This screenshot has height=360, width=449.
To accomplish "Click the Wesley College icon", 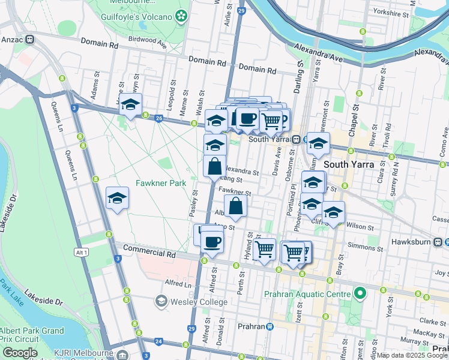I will [161, 300].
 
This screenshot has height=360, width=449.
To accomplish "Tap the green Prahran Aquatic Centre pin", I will [360, 294].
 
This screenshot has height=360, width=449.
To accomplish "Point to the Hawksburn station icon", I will [439, 241].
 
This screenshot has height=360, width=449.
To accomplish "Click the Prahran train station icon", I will [270, 326].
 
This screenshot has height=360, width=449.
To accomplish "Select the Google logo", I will [20, 353].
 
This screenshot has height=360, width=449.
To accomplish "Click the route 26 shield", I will [158, 119].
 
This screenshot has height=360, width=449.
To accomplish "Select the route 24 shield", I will [158, 341].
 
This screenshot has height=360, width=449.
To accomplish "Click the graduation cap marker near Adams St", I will [130, 106].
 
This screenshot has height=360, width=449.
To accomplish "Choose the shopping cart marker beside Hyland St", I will [265, 249].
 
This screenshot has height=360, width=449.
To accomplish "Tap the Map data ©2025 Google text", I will [411, 355].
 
